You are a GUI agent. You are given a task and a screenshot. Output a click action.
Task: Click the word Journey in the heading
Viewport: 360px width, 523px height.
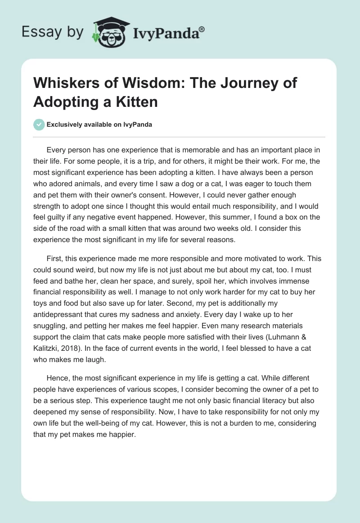pyautogui.click(x=240, y=84)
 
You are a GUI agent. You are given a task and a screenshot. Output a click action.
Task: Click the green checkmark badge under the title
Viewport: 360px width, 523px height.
pyautogui.click(x=39, y=124)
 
